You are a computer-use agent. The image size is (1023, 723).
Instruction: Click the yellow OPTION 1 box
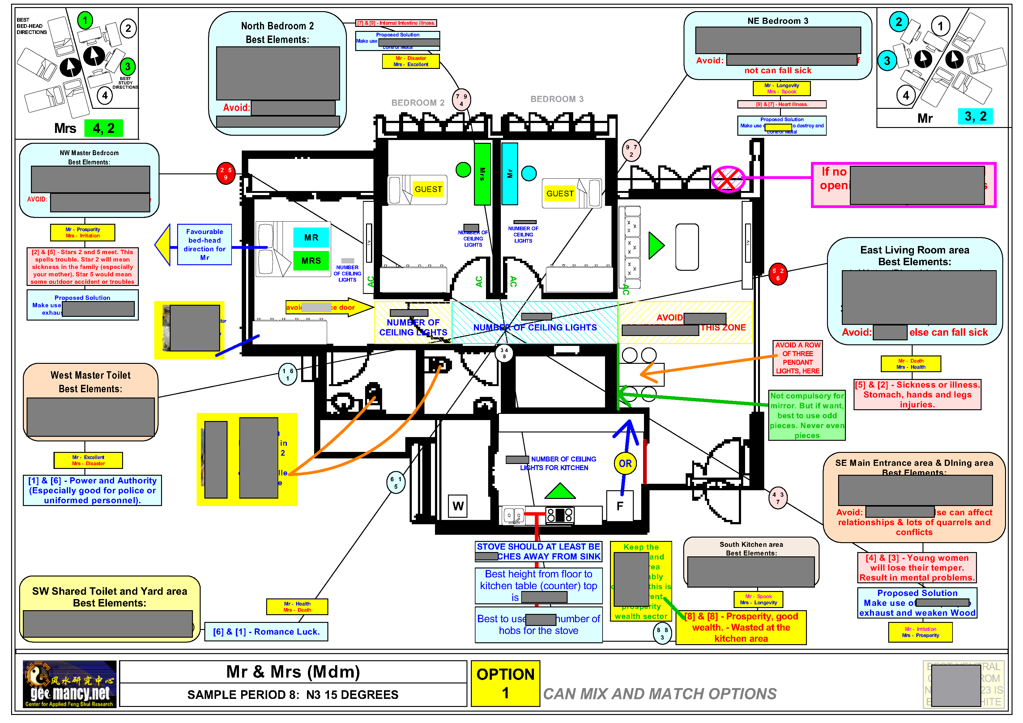pos(505,683)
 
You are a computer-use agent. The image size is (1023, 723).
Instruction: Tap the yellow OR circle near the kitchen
pos(625,463)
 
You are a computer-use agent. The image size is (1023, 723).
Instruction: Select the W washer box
pos(458,506)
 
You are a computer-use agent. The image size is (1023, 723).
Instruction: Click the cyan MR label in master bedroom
pos(311,237)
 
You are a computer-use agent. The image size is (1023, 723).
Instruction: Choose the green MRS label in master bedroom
pos(311,261)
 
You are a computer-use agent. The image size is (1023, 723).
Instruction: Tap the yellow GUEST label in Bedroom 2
pos(428,189)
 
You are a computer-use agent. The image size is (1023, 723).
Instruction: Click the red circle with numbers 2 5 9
pos(226,174)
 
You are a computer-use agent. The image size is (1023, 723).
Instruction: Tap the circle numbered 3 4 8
pos(504,353)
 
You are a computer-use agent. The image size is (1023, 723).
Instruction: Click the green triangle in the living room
pos(655,245)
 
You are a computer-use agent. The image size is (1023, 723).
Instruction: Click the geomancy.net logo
pos(70,684)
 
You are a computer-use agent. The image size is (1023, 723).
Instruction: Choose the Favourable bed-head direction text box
pos(205,245)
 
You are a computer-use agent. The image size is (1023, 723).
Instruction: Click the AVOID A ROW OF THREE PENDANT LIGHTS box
pos(798,358)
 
